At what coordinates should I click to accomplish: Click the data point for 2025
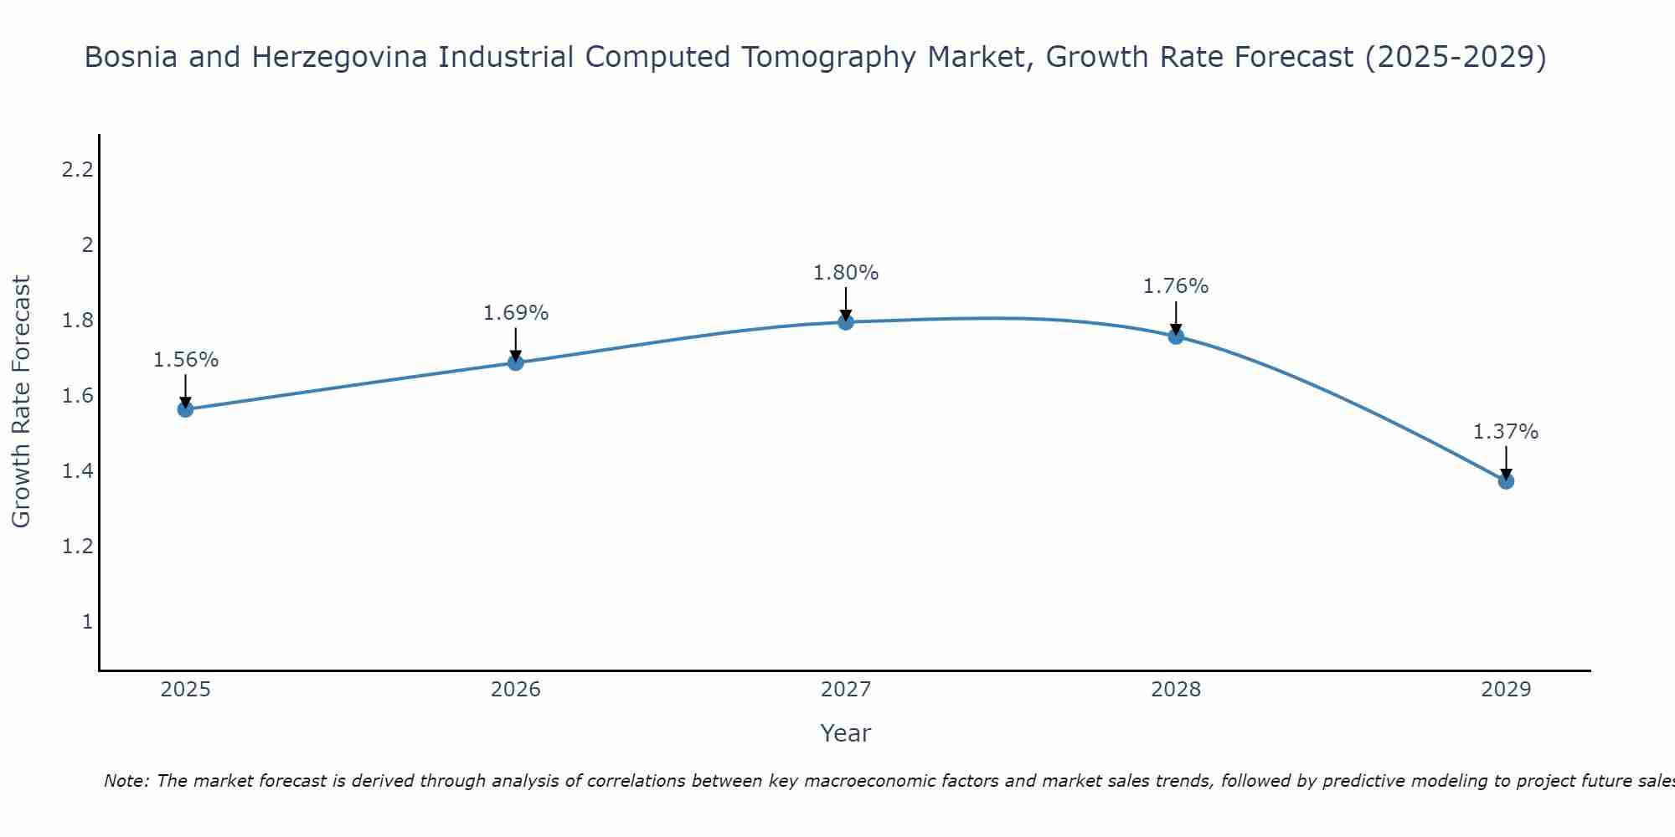tap(186, 409)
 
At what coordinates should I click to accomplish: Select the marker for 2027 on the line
tap(846, 322)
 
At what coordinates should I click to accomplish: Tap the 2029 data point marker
tap(1506, 481)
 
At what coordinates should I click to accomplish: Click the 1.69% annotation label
tap(516, 313)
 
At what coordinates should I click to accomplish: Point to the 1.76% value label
tap(1176, 286)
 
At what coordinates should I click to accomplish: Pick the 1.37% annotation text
tap(1506, 432)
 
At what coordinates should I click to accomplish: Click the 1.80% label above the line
tap(846, 273)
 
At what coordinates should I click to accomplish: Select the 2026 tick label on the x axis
tap(516, 690)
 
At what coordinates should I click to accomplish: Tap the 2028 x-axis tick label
tap(1176, 690)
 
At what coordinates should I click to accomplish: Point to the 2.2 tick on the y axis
tap(77, 170)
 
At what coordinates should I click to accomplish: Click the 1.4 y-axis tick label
tap(77, 471)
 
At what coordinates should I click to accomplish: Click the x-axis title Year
tap(846, 733)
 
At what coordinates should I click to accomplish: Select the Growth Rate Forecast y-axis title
tap(22, 402)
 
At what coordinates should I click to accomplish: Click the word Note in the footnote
tap(125, 781)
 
